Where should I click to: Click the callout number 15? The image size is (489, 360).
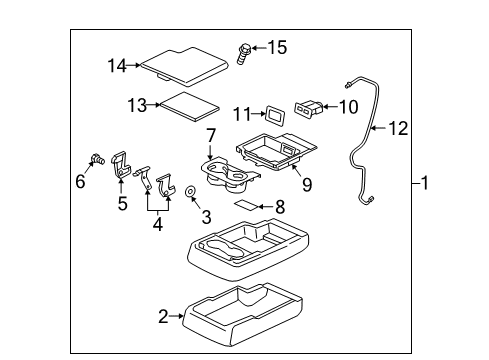pos(277,47)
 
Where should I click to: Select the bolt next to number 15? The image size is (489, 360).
pos(243,53)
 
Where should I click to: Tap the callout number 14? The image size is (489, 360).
pos(117,66)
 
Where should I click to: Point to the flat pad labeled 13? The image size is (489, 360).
pos(190,106)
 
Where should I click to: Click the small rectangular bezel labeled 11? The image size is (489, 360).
pos(275,115)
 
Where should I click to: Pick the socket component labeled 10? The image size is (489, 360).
pos(308,108)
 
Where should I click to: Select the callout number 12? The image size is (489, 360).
pos(398,128)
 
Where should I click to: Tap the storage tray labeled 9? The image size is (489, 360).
pos(277,151)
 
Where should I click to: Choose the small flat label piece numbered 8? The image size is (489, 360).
pos(246,205)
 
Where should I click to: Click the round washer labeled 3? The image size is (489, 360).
pos(191,191)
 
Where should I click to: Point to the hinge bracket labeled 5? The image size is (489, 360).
pos(120,165)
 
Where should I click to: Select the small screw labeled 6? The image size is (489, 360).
pos(98,159)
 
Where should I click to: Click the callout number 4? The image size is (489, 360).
pos(158,224)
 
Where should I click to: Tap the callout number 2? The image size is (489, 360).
pos(163,316)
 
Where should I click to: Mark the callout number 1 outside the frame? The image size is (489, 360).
pos(424,183)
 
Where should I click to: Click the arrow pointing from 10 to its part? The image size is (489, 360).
pos(331,107)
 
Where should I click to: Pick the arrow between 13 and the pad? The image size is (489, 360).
pos(154,105)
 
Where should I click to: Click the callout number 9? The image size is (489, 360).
pos(307,184)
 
